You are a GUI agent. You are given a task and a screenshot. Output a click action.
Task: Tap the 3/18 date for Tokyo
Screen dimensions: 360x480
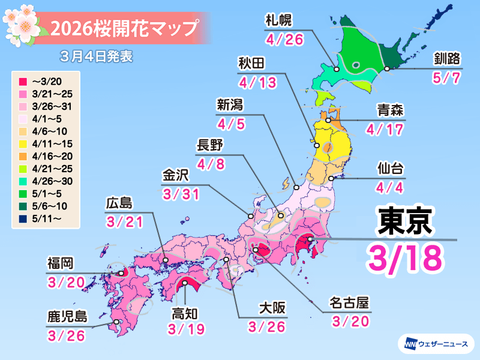(x=405, y=257)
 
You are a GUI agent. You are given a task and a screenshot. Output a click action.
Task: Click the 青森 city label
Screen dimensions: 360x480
(x=390, y=110)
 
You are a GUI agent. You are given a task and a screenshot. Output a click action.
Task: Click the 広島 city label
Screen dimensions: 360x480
(x=118, y=204)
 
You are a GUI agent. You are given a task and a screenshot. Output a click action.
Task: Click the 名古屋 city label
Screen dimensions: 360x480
(x=350, y=302)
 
